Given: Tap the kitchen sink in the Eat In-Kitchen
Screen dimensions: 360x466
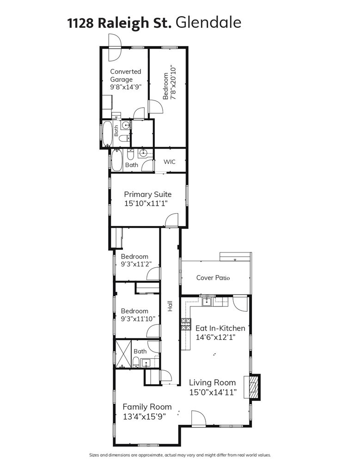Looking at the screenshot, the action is click(x=207, y=301).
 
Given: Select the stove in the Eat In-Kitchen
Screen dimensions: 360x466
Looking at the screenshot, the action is click(x=186, y=324).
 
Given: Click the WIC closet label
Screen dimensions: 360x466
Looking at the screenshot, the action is click(x=170, y=162).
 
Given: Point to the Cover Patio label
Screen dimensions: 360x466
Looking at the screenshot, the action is click(x=213, y=278).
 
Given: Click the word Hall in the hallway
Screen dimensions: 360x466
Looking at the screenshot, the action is click(x=170, y=306).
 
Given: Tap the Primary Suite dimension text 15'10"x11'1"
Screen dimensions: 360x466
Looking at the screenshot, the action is click(x=146, y=203).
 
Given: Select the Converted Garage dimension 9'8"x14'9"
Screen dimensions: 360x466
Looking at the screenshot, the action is click(x=126, y=87).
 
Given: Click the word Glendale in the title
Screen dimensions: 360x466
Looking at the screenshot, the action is click(x=208, y=23).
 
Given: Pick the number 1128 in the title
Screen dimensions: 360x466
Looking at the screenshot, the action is click(x=81, y=23).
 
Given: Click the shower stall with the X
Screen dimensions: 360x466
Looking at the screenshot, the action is click(x=123, y=354).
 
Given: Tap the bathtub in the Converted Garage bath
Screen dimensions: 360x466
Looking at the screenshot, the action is click(x=107, y=134).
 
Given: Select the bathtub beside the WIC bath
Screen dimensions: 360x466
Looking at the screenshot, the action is click(x=117, y=160).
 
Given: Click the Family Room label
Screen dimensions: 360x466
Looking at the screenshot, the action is click(x=147, y=407).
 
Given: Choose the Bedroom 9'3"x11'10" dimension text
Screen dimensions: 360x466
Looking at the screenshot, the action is click(x=138, y=319).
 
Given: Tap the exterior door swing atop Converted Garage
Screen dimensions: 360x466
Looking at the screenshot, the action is click(x=115, y=48).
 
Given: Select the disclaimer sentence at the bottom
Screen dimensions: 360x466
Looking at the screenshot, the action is click(x=180, y=455).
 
